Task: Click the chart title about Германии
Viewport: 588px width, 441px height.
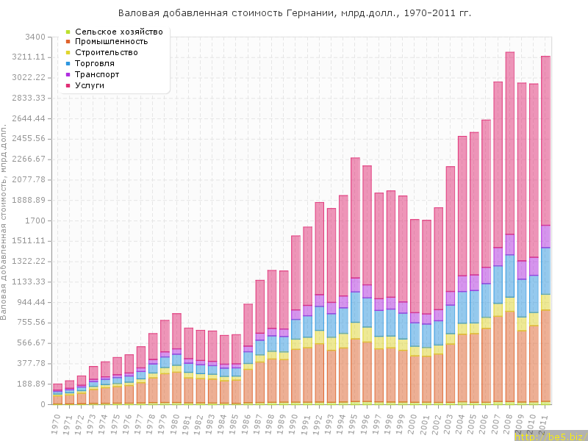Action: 295,13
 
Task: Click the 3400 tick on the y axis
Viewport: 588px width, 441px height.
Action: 35,37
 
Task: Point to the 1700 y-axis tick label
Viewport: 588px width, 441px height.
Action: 35,220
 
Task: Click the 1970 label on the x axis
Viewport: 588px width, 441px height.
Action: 56,421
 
